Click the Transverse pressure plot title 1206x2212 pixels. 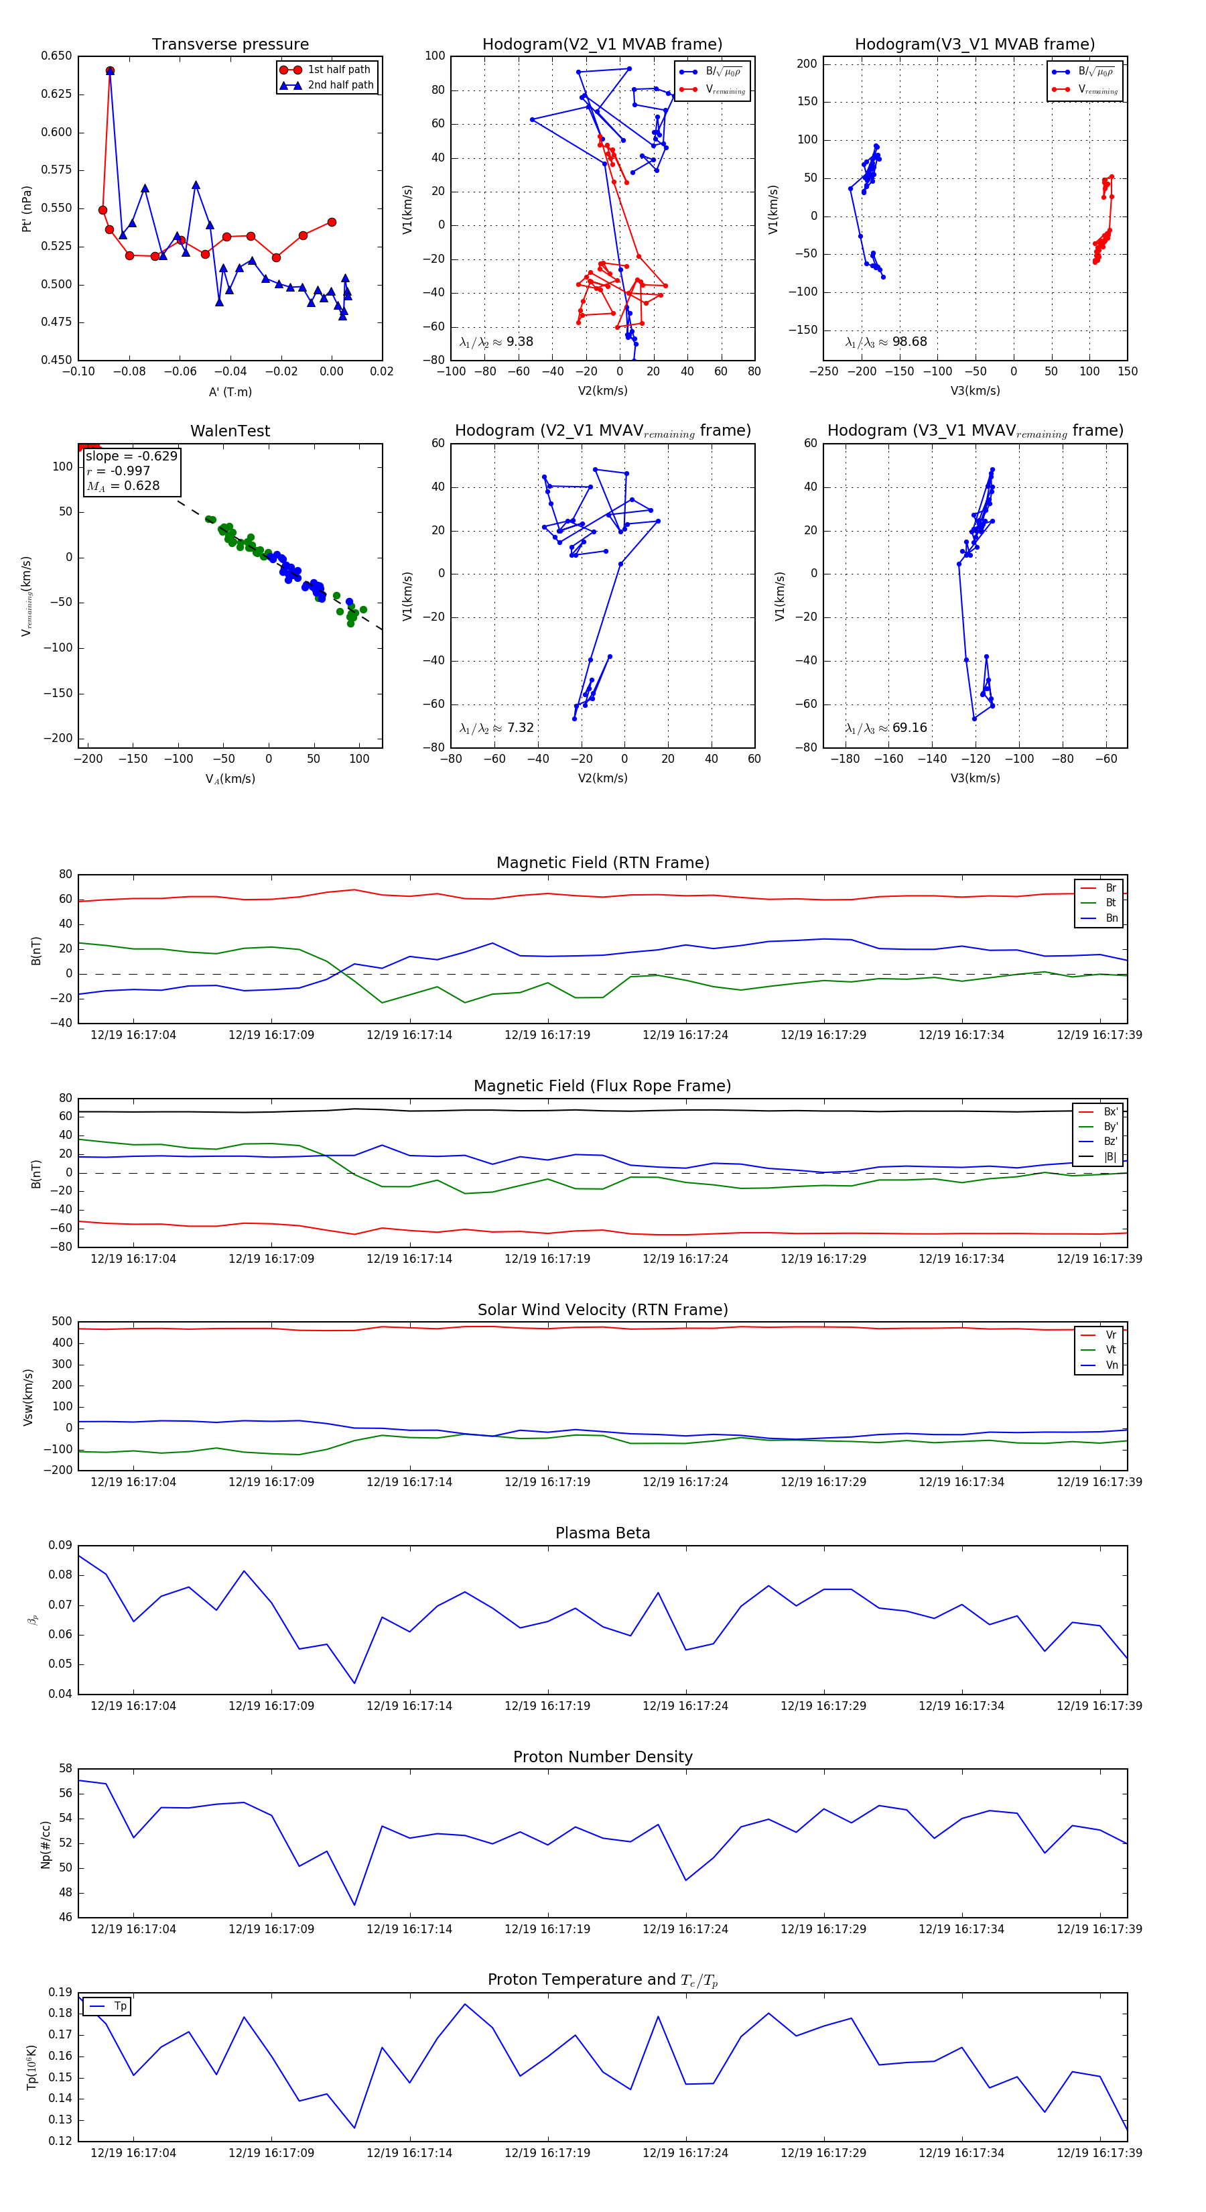(x=230, y=45)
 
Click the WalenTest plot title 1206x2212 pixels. (x=230, y=431)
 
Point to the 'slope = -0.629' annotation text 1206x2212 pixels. (x=131, y=456)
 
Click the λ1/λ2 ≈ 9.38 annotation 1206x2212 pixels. (x=496, y=342)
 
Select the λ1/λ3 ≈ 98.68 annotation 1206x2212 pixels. (x=886, y=342)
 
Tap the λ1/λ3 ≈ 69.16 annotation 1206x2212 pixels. (x=886, y=728)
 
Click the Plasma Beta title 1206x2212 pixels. (x=602, y=1534)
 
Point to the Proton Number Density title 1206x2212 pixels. (x=602, y=1757)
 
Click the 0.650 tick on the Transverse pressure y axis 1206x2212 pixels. (x=57, y=56)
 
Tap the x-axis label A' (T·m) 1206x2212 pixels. (x=230, y=391)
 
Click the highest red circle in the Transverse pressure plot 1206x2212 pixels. (x=110, y=71)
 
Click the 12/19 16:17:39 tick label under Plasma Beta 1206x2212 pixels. (x=1099, y=1705)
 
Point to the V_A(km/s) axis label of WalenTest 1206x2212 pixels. (x=230, y=779)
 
